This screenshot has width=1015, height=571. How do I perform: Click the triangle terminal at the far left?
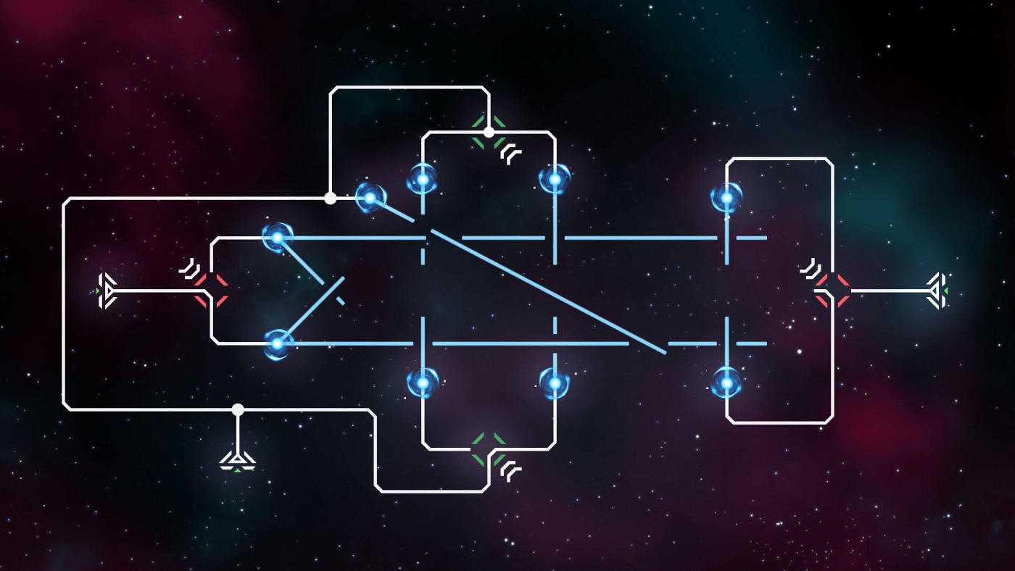click(107, 291)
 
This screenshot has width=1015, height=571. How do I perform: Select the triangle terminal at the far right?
click(937, 291)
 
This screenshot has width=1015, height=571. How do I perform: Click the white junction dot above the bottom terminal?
click(238, 409)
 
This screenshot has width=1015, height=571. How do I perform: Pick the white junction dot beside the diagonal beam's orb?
click(330, 198)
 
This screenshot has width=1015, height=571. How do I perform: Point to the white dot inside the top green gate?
click(489, 132)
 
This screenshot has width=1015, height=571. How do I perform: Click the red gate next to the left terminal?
click(211, 291)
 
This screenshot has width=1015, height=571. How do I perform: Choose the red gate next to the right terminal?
click(832, 291)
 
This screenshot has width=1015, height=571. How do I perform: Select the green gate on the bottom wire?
click(489, 449)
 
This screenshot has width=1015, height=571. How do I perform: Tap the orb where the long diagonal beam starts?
click(370, 197)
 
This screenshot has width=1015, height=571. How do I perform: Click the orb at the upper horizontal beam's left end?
click(276, 236)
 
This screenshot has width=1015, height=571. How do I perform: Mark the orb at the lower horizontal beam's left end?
click(276, 343)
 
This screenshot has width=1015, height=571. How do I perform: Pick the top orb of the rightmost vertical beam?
click(726, 197)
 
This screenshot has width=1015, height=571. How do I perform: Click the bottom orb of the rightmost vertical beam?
click(726, 382)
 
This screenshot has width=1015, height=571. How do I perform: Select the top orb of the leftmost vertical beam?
click(422, 179)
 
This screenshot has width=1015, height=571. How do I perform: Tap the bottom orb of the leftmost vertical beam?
click(422, 381)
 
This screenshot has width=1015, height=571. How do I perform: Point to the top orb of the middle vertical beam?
click(555, 179)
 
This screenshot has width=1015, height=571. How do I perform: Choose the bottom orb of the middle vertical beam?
click(555, 381)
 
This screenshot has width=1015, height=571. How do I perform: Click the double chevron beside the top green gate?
click(512, 153)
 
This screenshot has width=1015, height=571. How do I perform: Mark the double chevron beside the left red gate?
click(189, 269)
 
